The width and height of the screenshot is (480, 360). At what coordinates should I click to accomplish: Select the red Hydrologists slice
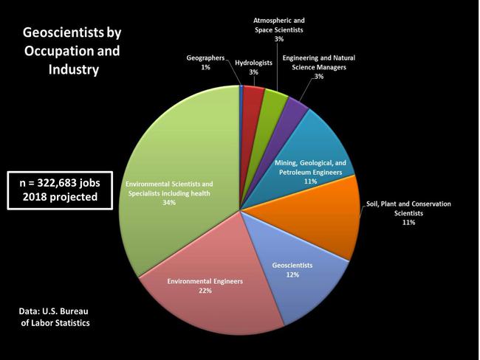pyautogui.click(x=253, y=97)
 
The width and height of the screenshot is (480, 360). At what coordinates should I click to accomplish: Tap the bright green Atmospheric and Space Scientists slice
pyautogui.click(x=274, y=100)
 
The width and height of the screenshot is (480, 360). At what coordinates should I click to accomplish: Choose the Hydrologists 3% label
pyautogui.click(x=253, y=68)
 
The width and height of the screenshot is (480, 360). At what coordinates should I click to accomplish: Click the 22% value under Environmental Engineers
pyautogui.click(x=205, y=291)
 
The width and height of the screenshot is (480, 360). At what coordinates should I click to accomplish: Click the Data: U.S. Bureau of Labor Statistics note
pyautogui.click(x=55, y=317)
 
